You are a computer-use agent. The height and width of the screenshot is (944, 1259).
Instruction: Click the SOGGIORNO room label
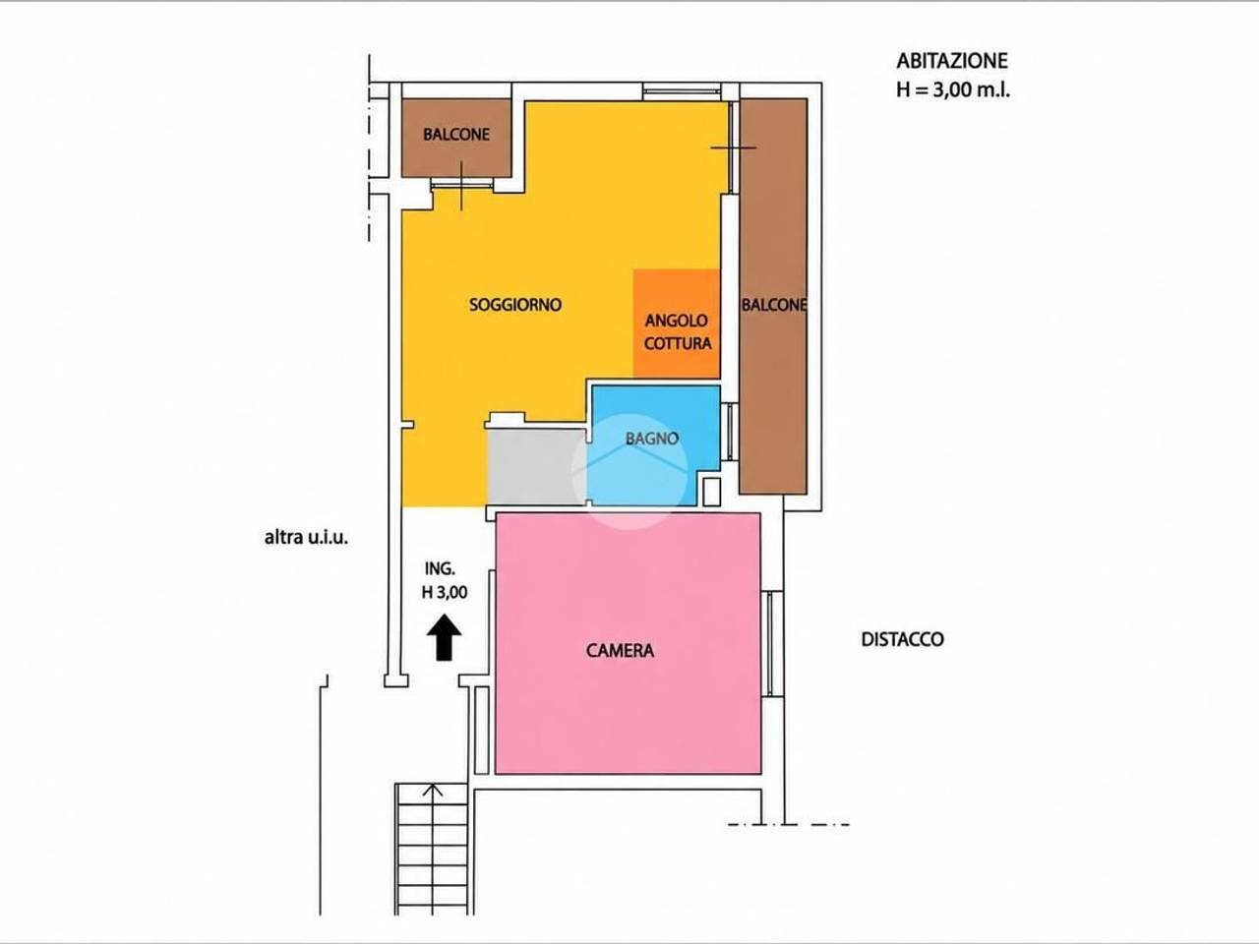(x=515, y=305)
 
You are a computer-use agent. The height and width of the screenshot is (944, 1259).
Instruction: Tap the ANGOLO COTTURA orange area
(x=677, y=324)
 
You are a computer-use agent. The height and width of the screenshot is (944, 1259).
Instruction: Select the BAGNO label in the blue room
(x=652, y=439)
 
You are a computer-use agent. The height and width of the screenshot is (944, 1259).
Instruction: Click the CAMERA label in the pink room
(x=620, y=651)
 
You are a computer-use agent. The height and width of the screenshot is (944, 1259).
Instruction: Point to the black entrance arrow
(x=444, y=638)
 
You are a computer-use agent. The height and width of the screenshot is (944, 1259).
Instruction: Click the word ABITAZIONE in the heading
(x=952, y=61)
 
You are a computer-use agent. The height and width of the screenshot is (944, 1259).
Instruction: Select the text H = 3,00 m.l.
(x=953, y=90)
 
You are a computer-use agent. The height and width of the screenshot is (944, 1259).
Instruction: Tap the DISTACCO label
(x=902, y=639)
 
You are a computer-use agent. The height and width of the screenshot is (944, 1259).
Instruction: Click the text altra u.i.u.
(x=306, y=538)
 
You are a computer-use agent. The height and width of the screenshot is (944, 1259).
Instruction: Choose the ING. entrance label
(x=440, y=568)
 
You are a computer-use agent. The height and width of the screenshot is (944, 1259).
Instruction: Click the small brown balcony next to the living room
(x=456, y=138)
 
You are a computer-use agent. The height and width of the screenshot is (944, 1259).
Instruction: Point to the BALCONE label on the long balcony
(x=774, y=305)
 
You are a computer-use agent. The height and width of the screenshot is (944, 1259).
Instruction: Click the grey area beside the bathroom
(x=537, y=467)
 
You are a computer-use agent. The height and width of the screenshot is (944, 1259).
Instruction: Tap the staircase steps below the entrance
(x=432, y=850)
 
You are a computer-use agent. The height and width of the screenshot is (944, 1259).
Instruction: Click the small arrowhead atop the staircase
(x=433, y=790)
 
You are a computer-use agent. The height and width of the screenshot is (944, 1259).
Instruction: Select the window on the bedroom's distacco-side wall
(x=772, y=644)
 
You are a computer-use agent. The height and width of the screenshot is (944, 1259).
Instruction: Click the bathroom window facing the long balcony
(x=730, y=432)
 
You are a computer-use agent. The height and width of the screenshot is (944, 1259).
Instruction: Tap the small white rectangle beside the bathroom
(x=711, y=492)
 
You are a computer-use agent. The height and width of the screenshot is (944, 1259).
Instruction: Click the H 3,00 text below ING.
(x=445, y=592)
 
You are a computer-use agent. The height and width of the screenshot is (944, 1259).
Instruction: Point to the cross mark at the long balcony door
(x=733, y=147)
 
